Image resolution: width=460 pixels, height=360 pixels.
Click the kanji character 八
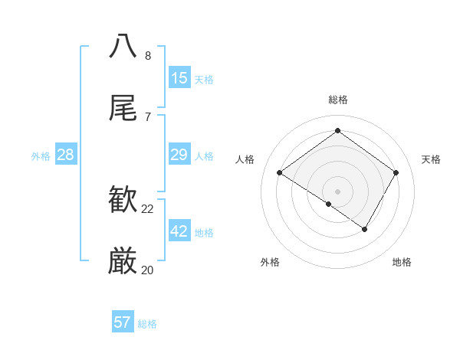pos(123,46)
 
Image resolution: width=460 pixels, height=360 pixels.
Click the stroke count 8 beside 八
pos(148,56)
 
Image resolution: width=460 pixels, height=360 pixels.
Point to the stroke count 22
pos(148,209)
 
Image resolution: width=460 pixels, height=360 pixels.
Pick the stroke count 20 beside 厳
pos(148,270)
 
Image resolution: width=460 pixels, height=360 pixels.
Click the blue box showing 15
pos(179,78)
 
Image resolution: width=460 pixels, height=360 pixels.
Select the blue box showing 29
pos(179,155)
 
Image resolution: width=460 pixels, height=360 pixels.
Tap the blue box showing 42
pos(179,231)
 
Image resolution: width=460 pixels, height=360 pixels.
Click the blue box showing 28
pos(66,155)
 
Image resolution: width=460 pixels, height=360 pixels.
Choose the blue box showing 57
pos(123,322)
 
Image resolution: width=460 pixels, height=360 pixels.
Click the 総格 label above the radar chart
pos(338,100)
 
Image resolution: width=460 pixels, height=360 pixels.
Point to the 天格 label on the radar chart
pos(431,159)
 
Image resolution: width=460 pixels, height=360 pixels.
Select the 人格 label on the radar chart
pos(245,159)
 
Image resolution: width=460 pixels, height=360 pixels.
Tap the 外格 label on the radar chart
pos(270,262)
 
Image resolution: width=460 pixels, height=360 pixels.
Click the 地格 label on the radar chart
pos(402,262)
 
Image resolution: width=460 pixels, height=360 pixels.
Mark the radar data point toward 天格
pos(396,173)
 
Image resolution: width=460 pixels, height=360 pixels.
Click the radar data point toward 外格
pos(329,204)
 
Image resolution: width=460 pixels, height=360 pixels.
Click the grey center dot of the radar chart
pos(338,191)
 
